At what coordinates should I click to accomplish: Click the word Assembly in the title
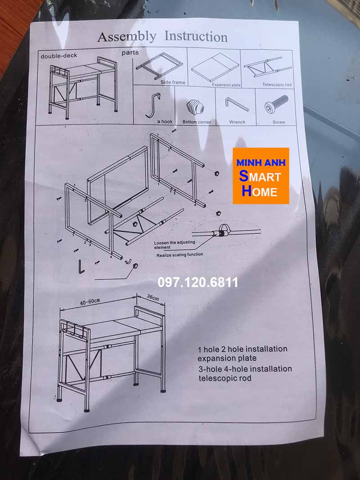click(127, 36)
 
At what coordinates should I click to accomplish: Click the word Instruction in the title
click(196, 36)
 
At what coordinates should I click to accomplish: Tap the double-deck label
click(59, 56)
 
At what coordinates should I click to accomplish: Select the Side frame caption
click(173, 82)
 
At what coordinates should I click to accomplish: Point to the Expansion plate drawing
click(214, 67)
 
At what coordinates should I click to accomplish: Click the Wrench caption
click(237, 122)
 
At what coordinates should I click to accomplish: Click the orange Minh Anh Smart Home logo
click(261, 175)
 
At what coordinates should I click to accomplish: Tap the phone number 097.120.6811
click(198, 283)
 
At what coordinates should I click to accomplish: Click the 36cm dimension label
click(153, 297)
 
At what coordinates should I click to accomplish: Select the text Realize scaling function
click(180, 255)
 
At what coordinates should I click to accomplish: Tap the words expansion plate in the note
click(227, 359)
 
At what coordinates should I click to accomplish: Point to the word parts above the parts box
click(130, 53)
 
